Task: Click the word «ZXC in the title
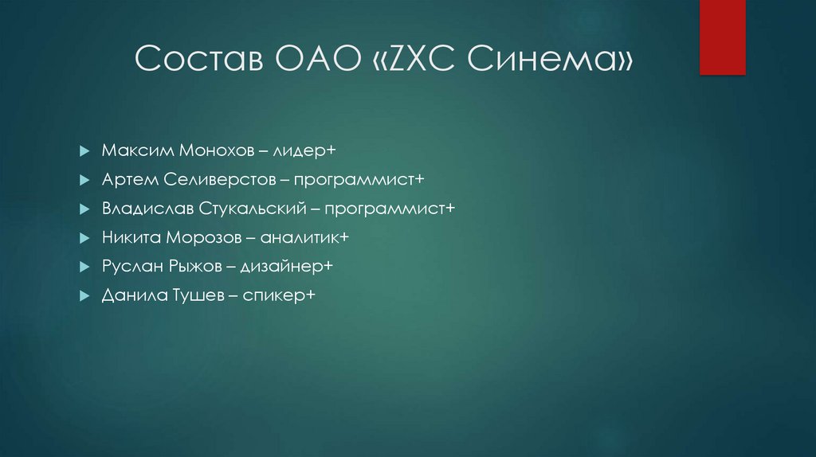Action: [413, 61]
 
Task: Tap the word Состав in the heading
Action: [194, 61]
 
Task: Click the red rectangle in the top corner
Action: [722, 37]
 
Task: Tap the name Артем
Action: [126, 179]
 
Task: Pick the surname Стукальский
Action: [238, 209]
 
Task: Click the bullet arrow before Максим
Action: [84, 151]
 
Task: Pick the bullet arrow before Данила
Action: [84, 295]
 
